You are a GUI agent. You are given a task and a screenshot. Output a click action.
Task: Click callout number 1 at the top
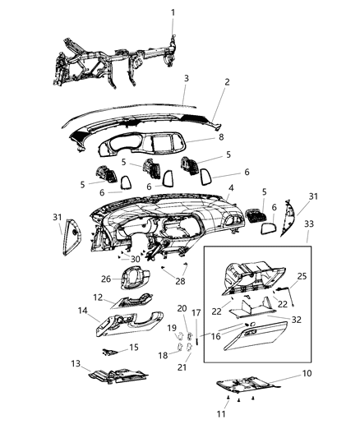pyautogui.click(x=173, y=12)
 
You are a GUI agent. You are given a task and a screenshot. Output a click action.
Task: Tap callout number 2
pyautogui.click(x=227, y=83)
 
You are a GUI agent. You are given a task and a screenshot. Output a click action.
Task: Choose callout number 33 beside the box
pyautogui.click(x=308, y=224)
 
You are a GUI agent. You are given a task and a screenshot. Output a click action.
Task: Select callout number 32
pyautogui.click(x=297, y=319)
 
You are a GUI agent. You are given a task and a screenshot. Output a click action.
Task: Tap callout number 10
pyautogui.click(x=307, y=374)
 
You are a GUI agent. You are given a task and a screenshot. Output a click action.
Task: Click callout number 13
pyautogui.click(x=75, y=364)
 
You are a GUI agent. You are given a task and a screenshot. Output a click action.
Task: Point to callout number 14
pyautogui.click(x=82, y=311)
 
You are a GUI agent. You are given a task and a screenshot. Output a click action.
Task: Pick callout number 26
pyautogui.click(x=106, y=279)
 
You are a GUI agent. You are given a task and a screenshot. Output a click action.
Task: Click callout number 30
pyautogui.click(x=135, y=258)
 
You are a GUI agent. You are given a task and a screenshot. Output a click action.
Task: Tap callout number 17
pyautogui.click(x=196, y=313)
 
